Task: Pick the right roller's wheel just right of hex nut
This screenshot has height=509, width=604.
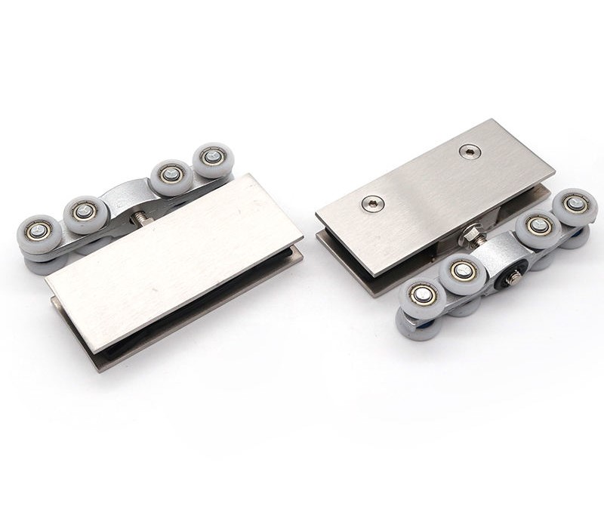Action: pos(538,225)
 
